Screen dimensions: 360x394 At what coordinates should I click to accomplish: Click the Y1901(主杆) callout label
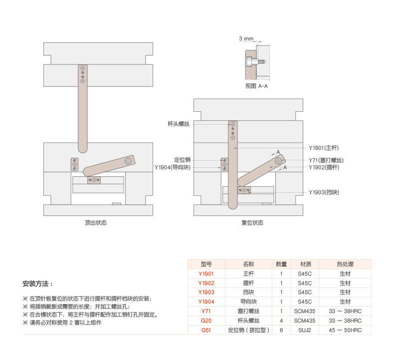coord(324,148)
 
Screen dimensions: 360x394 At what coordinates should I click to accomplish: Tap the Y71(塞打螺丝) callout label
coord(326,160)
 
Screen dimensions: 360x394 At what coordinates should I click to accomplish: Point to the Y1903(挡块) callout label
coord(324,192)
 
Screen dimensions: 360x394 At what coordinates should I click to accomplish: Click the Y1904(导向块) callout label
coord(173,168)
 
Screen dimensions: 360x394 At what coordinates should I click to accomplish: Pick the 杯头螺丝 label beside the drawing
coord(179,123)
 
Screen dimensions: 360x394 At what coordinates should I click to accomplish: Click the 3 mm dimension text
coord(246,38)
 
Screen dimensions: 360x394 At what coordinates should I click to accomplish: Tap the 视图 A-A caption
coord(256,86)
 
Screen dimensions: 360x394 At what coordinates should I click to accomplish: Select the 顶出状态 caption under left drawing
coord(96,223)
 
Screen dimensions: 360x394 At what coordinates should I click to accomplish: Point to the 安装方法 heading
coord(37,284)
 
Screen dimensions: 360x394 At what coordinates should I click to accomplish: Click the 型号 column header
coord(206,264)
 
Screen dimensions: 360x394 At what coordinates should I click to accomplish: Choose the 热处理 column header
coord(345,264)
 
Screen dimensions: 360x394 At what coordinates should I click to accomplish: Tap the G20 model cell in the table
coord(206,321)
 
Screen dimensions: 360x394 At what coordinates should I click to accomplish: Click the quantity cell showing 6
coord(281,330)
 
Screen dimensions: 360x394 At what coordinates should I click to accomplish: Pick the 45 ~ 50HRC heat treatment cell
coord(345,330)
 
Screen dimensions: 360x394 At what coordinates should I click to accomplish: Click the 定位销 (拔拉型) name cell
coord(248,330)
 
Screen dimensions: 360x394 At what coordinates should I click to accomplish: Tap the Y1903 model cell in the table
coord(206,292)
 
